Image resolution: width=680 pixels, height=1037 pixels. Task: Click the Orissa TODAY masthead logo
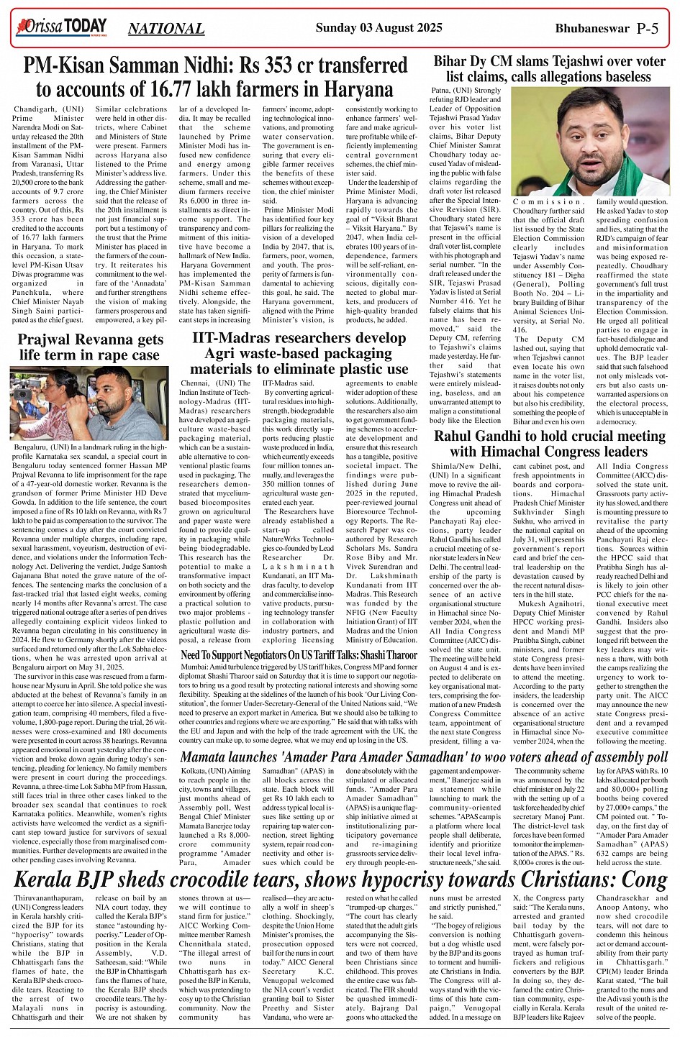point(61,27)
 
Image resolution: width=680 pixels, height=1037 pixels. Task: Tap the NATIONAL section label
point(166,29)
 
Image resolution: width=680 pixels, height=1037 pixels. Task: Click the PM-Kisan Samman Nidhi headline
point(214,78)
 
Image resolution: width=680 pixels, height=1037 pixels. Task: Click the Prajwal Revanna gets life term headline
point(90,347)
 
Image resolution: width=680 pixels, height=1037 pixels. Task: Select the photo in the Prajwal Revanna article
point(90,403)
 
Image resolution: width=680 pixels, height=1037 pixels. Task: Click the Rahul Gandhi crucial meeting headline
point(548,444)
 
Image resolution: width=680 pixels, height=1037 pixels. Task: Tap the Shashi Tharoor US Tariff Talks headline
point(299,655)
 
